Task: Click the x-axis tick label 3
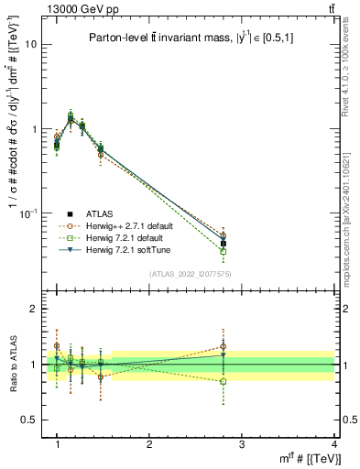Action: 242,443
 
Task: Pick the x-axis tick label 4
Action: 334,443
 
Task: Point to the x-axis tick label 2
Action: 149,443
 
